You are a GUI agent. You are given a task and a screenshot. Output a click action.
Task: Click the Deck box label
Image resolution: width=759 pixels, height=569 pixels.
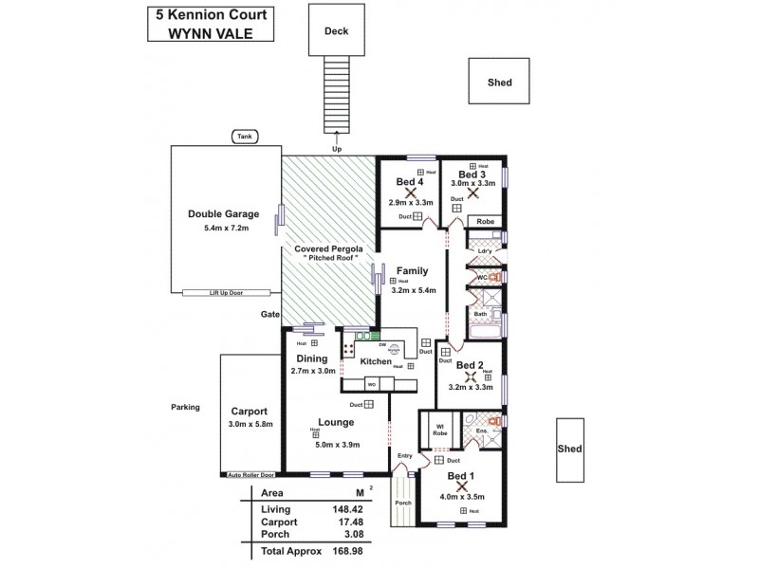pos(336,31)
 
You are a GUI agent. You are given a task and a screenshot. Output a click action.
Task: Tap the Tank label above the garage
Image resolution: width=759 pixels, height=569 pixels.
pos(245,137)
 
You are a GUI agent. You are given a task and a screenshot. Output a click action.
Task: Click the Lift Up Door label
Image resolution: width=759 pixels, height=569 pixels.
pos(225,294)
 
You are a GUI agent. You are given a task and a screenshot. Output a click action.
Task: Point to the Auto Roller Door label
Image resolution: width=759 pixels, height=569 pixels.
pos(250,474)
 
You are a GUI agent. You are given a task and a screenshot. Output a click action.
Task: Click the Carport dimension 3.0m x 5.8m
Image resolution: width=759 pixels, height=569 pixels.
pos(251,424)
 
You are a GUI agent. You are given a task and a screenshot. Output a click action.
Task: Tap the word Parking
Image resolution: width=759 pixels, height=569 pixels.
pos(185,407)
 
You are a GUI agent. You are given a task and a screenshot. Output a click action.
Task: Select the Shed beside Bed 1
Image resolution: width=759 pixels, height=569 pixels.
pos(569,450)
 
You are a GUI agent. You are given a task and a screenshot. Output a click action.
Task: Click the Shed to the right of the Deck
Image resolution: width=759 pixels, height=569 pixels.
pos(499,83)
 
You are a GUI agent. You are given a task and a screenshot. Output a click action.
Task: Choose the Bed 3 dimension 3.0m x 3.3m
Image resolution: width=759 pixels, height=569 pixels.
pos(472,183)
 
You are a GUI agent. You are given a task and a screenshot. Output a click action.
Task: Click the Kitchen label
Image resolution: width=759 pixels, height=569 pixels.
pos(376,362)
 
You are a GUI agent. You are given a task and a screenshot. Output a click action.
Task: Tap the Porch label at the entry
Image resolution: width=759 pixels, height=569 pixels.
pos(402,503)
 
